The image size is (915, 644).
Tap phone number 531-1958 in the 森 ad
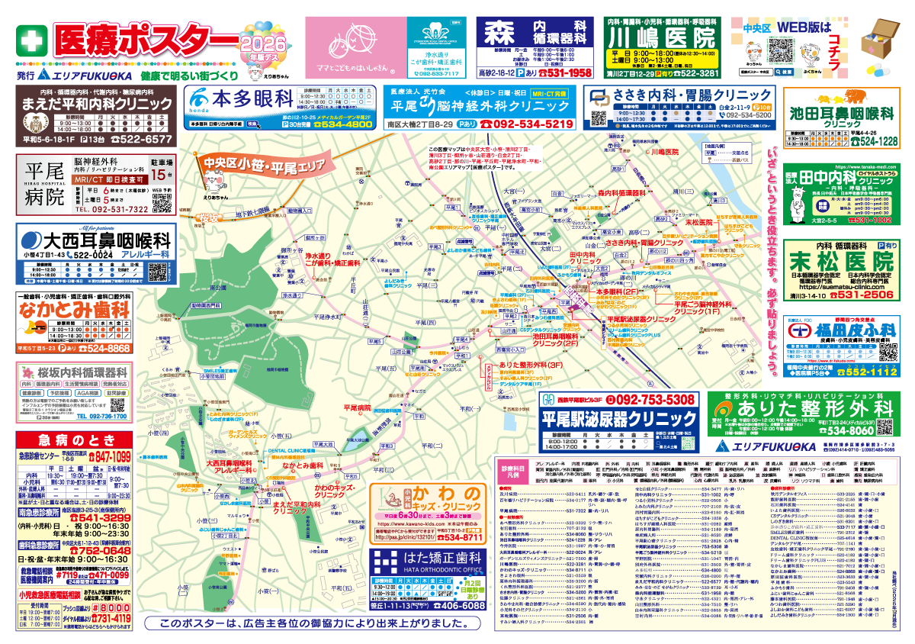point(565,73)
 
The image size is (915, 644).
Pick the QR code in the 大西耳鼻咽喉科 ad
point(157,272)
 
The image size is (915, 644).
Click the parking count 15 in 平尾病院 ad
point(161,182)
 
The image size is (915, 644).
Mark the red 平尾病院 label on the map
point(356,408)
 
